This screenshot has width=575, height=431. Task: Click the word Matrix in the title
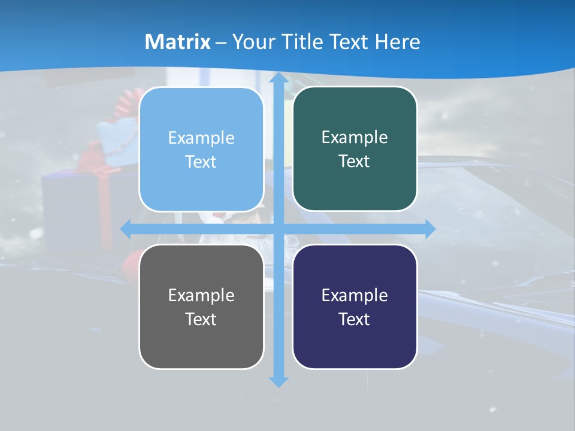point(177,42)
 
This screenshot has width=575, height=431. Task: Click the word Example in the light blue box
point(201,138)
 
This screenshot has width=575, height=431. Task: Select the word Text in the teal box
point(355,162)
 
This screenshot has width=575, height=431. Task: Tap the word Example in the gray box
point(201,296)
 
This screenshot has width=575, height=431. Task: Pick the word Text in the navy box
point(355,319)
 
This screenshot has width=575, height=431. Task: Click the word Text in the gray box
point(201,319)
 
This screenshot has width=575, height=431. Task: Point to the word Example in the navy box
point(355,296)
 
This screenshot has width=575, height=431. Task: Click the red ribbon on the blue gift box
point(107,204)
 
